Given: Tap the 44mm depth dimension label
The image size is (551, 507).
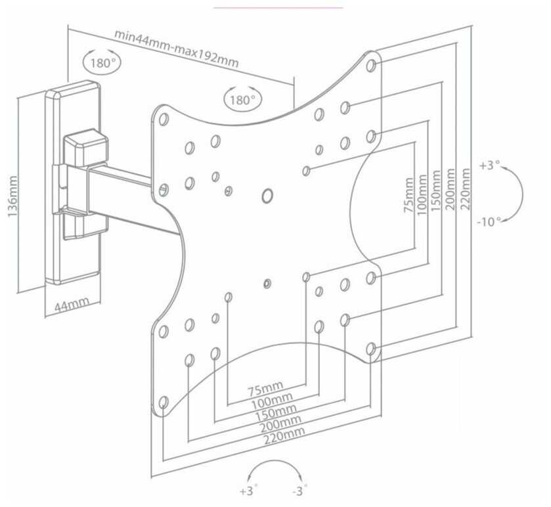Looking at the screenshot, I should coord(72,305).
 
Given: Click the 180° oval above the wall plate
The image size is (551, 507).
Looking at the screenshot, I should coord(102,63).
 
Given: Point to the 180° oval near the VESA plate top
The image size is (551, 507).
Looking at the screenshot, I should coord(242,100).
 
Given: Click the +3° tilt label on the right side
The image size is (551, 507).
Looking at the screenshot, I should coord(489,165).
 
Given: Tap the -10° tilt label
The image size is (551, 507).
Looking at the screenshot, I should coord(489,221).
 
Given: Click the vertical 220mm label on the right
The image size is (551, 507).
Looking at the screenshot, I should coord(466,188).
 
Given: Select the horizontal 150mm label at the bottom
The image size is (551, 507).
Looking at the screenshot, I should coord(276,410).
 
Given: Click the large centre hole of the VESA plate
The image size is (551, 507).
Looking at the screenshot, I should coord(267,195).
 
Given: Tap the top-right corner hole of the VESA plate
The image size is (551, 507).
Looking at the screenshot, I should coord(371,65).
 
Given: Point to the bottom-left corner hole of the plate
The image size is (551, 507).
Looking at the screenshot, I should coord(164,402).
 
